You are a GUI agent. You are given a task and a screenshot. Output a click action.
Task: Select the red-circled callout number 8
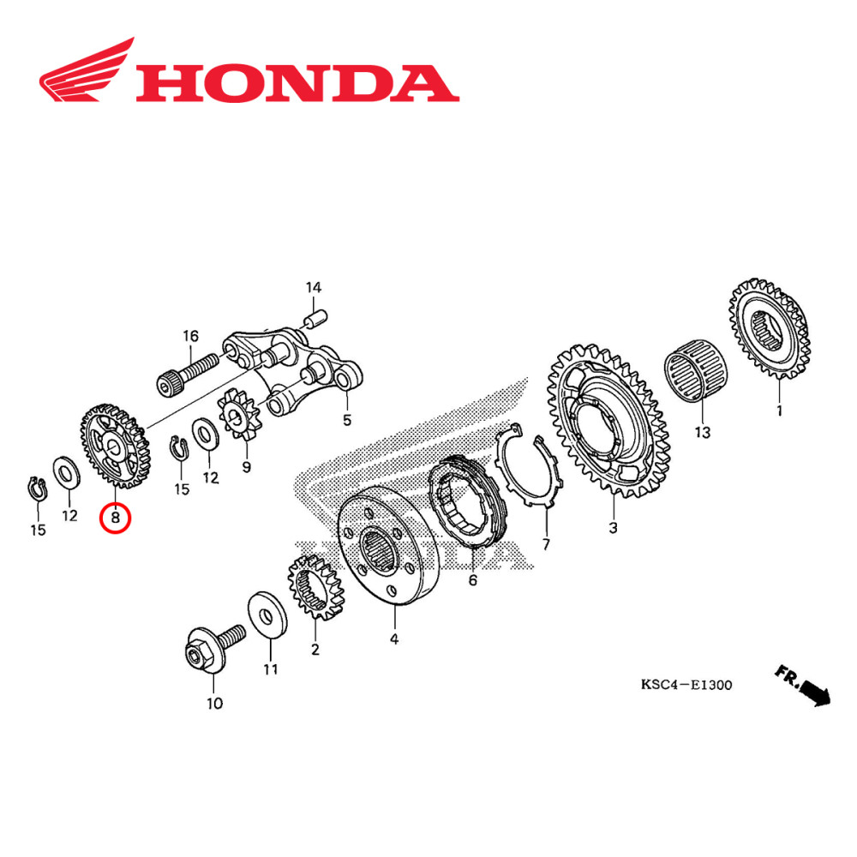(x=115, y=518)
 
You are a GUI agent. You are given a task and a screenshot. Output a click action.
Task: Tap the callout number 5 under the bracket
(x=347, y=421)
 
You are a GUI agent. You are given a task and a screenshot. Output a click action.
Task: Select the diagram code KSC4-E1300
(x=686, y=685)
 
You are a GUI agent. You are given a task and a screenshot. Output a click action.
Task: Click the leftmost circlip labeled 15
(x=34, y=488)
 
